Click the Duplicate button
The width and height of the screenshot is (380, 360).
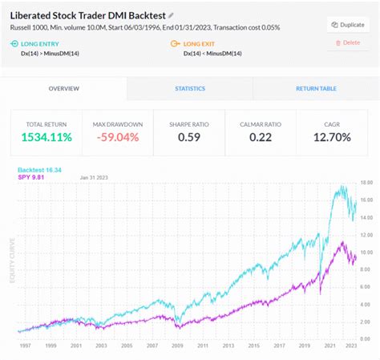click(347, 24)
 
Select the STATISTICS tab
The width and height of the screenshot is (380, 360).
click(190, 88)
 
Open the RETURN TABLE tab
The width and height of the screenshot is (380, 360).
click(316, 88)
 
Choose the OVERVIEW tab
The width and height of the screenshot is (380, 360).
click(63, 88)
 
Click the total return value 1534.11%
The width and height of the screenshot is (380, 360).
click(46, 137)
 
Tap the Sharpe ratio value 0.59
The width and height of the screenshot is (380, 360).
click(190, 137)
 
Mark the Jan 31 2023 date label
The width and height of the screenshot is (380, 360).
click(95, 178)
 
